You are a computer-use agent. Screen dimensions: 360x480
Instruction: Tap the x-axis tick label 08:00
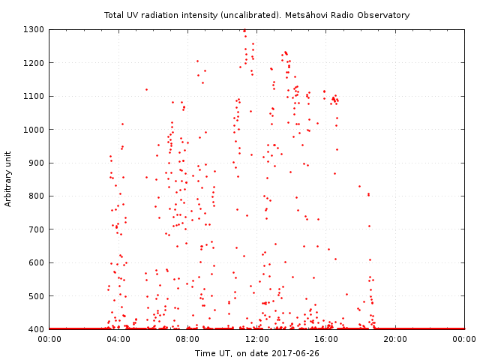point(187,340)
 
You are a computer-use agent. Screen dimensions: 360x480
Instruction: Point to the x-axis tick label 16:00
point(325,340)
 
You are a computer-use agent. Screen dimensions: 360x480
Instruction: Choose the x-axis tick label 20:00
point(394,340)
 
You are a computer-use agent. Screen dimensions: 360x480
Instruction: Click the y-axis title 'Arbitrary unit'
point(8,179)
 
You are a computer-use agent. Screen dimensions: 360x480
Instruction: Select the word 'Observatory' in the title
point(385,15)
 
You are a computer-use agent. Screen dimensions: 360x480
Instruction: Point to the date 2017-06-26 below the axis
point(296,352)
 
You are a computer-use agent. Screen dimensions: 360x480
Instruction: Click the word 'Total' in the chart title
point(115,15)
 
